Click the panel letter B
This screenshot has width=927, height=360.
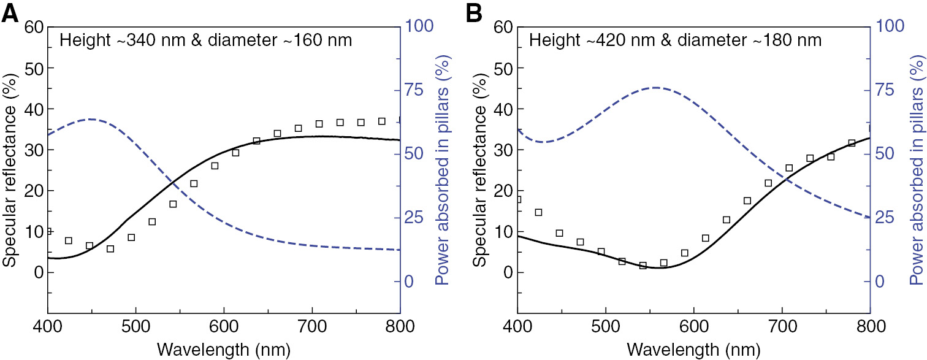pyautogui.click(x=480, y=13)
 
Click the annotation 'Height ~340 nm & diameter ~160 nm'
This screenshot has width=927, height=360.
pyautogui.click(x=205, y=41)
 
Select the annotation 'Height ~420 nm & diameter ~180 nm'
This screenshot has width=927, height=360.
pyautogui.click(x=676, y=41)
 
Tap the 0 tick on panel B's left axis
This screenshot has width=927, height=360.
pyautogui.click(x=503, y=272)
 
